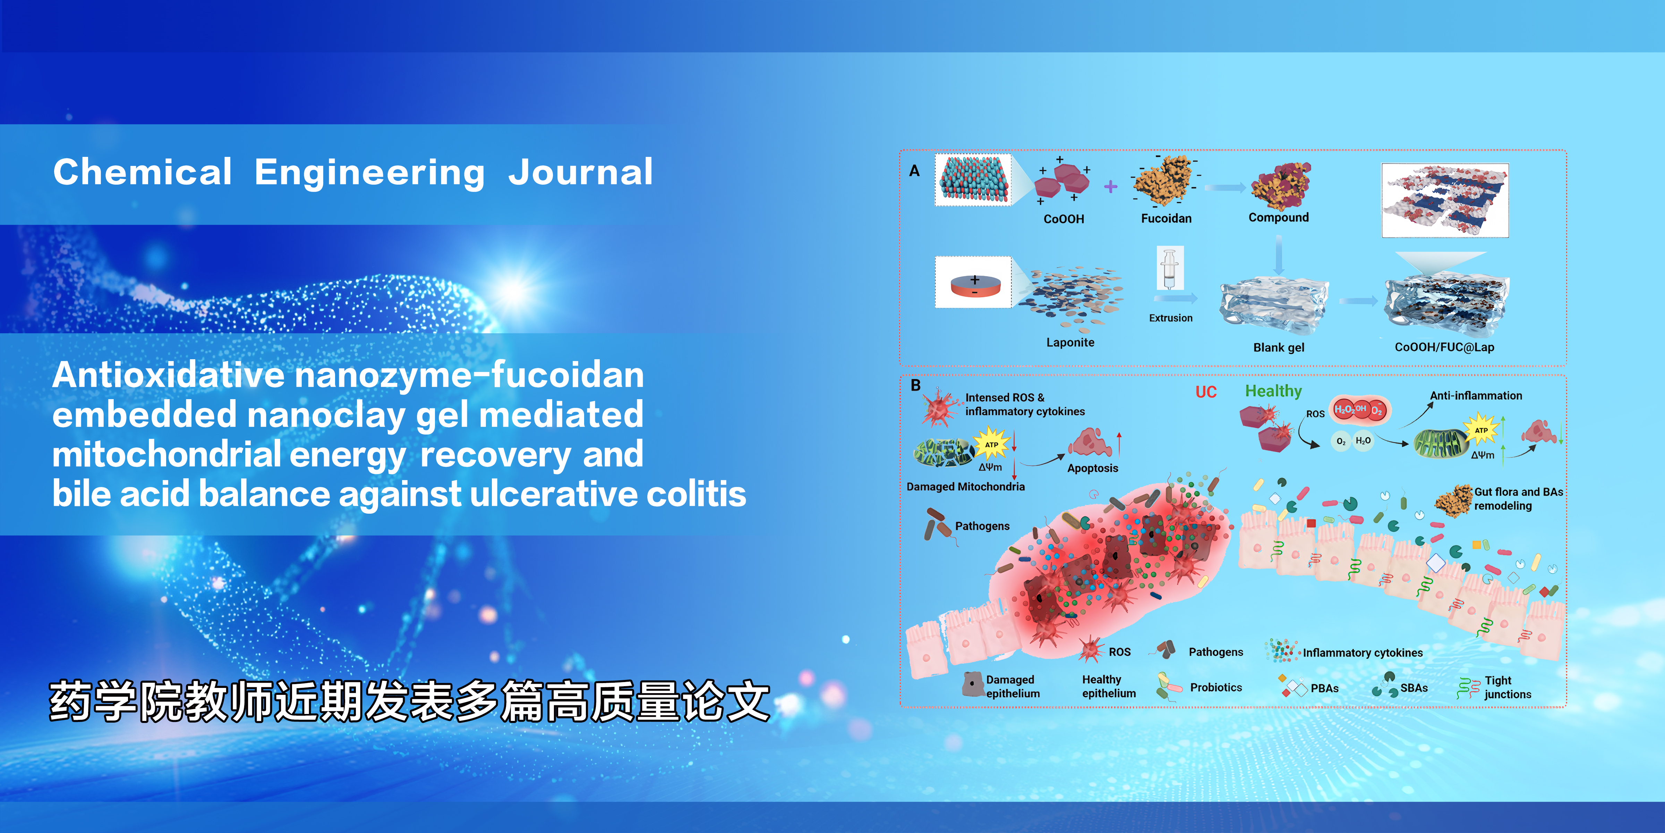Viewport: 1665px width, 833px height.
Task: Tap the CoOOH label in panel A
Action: [1064, 219]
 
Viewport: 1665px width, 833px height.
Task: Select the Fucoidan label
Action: [1166, 219]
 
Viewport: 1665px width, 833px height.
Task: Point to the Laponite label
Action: [1070, 343]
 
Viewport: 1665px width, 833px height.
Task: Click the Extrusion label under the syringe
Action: [1171, 318]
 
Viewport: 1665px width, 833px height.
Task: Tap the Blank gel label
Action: [1279, 348]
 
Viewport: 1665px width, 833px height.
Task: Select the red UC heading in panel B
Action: [1206, 392]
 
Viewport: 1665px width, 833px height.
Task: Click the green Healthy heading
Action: [1273, 391]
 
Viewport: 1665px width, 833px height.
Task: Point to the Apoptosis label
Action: [1092, 468]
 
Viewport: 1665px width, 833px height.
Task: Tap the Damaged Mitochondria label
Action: [966, 487]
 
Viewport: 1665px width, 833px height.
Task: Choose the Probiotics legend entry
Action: [1216, 688]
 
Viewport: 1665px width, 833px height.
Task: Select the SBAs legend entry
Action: [1414, 688]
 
